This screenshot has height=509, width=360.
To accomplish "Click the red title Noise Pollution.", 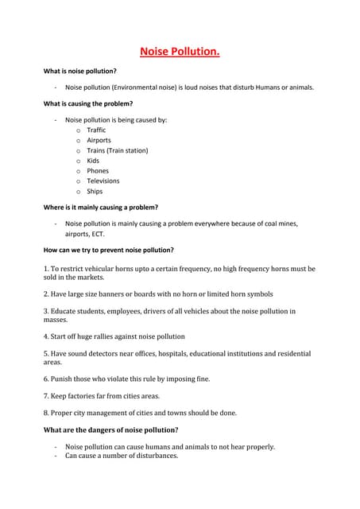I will (x=180, y=52).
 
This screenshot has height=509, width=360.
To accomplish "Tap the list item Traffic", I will (x=96, y=130).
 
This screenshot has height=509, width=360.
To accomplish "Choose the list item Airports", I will (x=99, y=140).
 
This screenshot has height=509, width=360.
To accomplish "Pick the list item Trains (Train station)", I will (x=117, y=150).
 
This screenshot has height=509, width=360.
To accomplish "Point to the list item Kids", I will (x=93, y=161).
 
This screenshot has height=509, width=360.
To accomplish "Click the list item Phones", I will (x=98, y=171).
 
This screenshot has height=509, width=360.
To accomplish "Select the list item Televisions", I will (x=103, y=181).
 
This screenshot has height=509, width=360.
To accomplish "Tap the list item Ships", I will (x=95, y=192).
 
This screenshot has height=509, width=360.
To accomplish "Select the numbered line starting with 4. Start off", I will (x=114, y=336).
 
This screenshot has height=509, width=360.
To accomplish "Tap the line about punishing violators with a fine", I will (x=126, y=379).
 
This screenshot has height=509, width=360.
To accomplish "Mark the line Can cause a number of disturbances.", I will (x=122, y=456).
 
